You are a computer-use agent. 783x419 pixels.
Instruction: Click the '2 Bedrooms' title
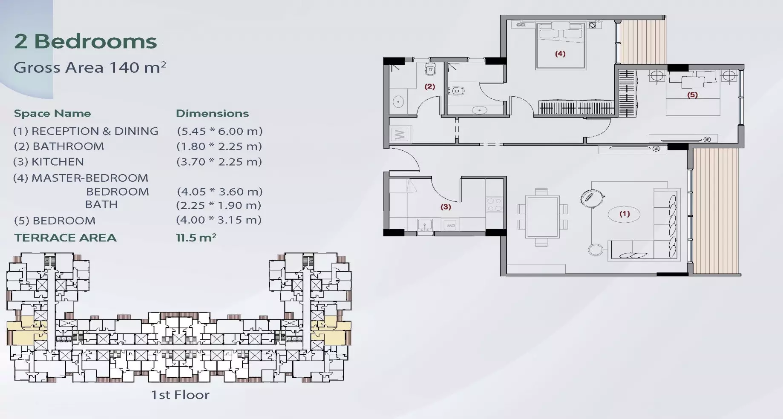point(86,42)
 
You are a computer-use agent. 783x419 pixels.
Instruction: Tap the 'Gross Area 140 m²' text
point(90,67)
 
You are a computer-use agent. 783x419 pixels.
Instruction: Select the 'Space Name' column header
point(52,113)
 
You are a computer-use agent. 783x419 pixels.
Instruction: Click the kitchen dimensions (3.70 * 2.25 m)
point(219,162)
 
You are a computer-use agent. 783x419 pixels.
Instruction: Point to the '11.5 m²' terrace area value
point(196,238)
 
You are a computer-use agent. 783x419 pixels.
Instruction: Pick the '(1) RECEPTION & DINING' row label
point(86,131)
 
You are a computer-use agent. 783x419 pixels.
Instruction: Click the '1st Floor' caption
point(180,395)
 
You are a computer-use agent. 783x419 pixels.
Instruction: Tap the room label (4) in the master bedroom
point(560,54)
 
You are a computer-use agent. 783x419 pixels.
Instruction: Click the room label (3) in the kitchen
point(446,207)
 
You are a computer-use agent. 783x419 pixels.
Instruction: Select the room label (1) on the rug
point(625,214)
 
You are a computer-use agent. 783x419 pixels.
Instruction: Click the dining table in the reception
point(542,217)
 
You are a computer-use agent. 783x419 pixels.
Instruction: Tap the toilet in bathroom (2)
point(430,69)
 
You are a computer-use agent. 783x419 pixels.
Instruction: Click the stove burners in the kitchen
point(494,204)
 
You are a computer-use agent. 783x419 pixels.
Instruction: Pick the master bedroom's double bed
point(560,46)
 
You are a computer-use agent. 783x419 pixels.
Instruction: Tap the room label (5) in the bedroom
point(692,95)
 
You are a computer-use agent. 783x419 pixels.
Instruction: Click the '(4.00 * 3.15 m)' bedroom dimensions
point(219,220)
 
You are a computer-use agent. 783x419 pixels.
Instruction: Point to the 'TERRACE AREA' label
point(65,238)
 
